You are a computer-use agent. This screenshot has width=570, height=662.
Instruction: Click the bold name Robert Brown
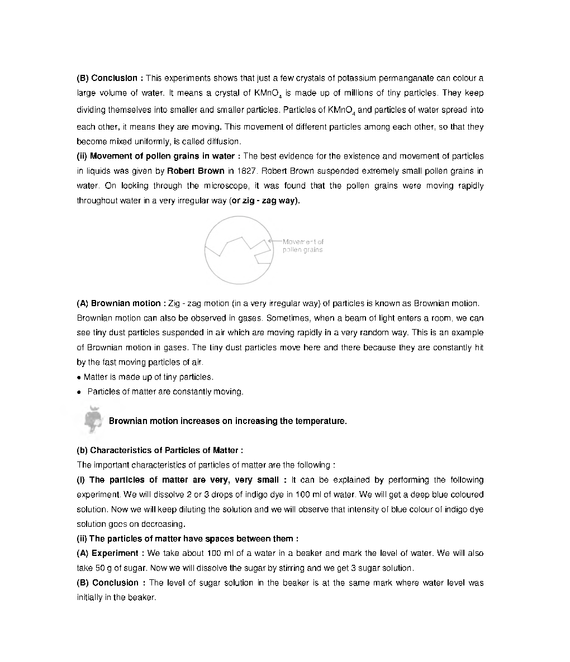point(195,171)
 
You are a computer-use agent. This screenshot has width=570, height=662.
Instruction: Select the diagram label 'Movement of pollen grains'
point(303,246)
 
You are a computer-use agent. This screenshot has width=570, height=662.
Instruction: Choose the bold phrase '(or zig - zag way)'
point(265,201)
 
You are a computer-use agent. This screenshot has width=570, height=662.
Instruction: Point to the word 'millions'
point(360,93)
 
